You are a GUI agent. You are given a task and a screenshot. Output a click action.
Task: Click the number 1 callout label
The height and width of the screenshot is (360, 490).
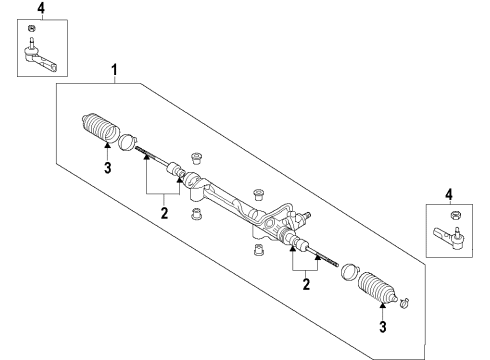pos(115,71)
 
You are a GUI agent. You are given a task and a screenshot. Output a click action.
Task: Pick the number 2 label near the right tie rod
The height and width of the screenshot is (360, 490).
pos(307,285)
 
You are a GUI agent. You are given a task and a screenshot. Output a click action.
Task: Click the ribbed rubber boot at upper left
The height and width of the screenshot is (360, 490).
pos(100,129)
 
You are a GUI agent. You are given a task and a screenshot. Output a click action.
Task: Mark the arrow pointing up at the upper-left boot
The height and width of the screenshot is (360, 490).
pos(106,150)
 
